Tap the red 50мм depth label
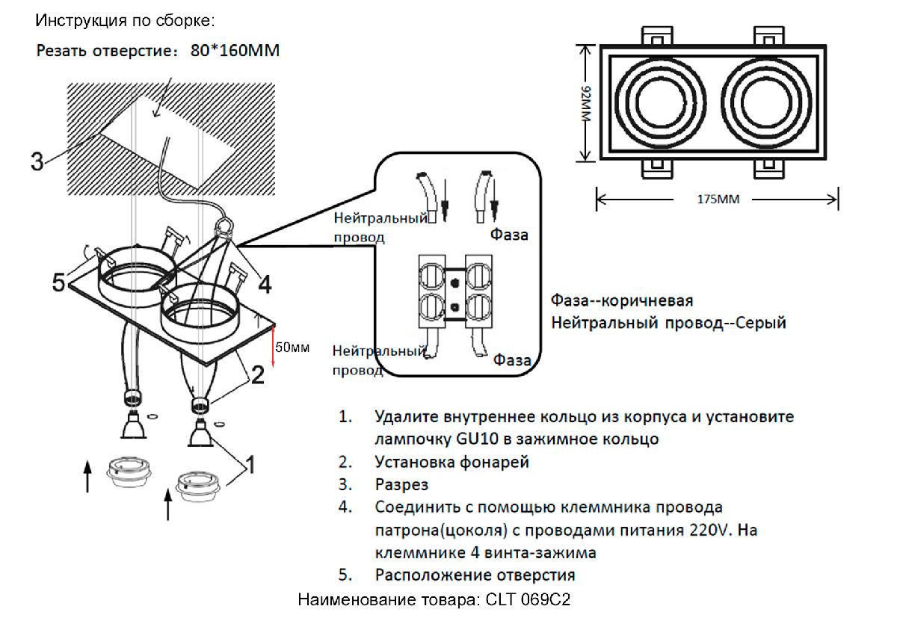click(x=292, y=347)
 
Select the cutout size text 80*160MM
click(x=235, y=51)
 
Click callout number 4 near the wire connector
click(x=265, y=284)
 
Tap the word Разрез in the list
click(x=401, y=485)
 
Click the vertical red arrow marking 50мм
click(x=274, y=345)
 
